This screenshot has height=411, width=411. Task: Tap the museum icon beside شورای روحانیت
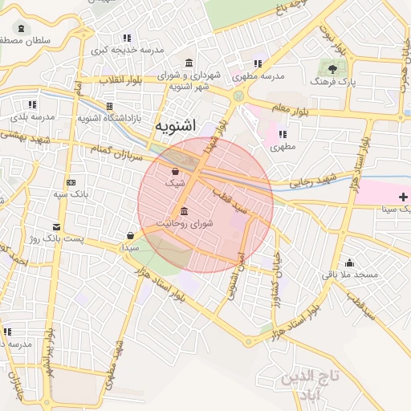185,211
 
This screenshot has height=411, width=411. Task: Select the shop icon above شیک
175,171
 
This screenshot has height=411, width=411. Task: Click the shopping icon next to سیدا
130,235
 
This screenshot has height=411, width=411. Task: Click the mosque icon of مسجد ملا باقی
349,262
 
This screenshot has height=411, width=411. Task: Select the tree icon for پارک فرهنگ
332,69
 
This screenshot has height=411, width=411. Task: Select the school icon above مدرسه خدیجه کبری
127,38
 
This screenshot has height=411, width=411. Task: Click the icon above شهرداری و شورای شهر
189,63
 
